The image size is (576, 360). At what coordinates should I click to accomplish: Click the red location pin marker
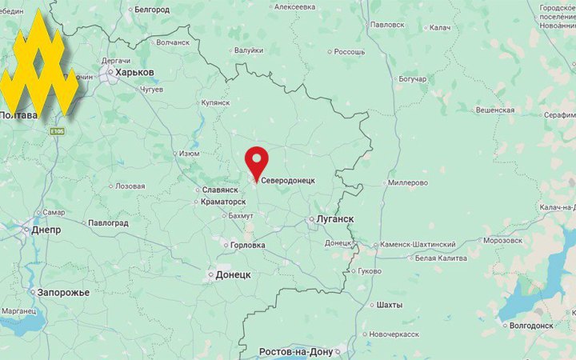[x=256, y=163]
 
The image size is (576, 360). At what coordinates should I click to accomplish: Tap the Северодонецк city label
[x=288, y=181]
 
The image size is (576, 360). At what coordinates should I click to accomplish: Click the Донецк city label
[x=233, y=274]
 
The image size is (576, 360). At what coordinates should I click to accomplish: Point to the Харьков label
[x=134, y=72]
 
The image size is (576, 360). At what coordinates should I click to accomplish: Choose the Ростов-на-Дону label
[x=296, y=352]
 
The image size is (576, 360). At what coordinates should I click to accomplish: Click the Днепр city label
[x=46, y=230]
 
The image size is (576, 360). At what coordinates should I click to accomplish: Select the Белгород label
[x=152, y=10]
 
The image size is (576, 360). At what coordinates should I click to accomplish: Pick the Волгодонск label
[x=531, y=326]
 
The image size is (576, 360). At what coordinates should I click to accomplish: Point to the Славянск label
[x=221, y=190]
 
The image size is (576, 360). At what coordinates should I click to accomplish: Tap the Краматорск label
[x=223, y=202]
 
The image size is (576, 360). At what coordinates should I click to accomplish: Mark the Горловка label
[x=247, y=246]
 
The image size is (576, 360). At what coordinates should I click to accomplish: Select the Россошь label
[x=349, y=52]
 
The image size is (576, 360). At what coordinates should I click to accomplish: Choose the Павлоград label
[x=108, y=223]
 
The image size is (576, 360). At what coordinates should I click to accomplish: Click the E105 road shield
[x=56, y=131]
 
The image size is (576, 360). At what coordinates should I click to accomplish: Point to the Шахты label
[x=390, y=305]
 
